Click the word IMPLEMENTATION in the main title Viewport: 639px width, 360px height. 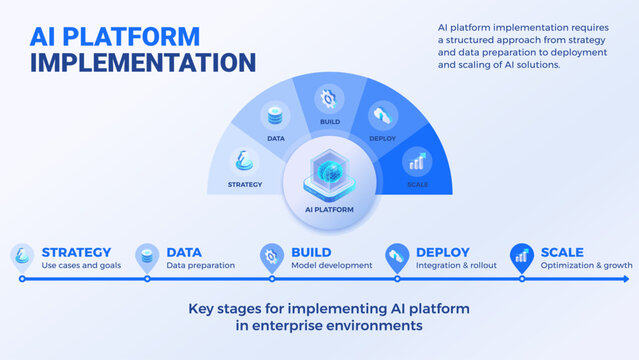coord(142,62)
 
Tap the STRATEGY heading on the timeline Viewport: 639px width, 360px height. coord(76,252)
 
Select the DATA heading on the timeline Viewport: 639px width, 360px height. coord(184,252)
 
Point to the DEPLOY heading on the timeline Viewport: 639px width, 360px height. coord(442,252)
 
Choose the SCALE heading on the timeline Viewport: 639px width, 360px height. coord(562,252)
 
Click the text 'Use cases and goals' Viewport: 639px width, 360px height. coord(83,266)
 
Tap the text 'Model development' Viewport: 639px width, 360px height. coord(331,266)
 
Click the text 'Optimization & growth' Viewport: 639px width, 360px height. coord(585,266)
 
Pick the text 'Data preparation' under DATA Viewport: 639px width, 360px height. coord(200,266)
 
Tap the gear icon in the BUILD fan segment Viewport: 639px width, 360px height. coord(328,99)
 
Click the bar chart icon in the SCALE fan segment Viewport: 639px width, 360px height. coord(416,160)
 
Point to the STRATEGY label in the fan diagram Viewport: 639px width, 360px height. coord(245,185)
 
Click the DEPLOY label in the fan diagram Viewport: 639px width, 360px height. coord(382,139)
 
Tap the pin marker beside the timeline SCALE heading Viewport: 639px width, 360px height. coord(521,256)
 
